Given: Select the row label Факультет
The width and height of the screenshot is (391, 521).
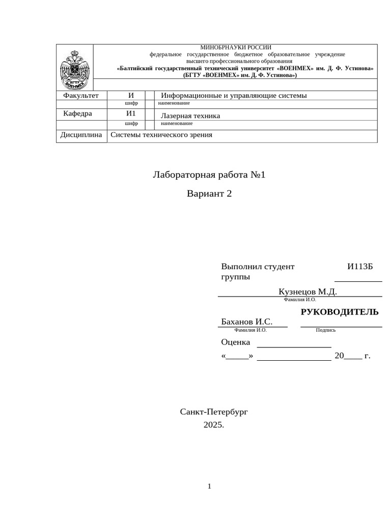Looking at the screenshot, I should pos(80,96).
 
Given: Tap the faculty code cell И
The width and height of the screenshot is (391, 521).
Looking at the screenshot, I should pos(131,96).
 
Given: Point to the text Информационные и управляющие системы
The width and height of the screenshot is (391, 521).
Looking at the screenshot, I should pos(234,96).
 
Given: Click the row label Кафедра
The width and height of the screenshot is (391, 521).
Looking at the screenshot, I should pos(77,113).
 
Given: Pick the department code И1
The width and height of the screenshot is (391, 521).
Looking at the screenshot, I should pos(131,113).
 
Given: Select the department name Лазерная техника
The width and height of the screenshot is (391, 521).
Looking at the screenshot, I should pos(190,116).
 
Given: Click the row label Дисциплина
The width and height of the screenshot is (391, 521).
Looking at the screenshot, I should pos(81,135).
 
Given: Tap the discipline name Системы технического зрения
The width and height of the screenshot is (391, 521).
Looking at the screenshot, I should pos(161,135).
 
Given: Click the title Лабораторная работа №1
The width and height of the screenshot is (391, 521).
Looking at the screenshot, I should pos(209,176).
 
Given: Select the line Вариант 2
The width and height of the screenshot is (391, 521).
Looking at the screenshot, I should pos(209,194).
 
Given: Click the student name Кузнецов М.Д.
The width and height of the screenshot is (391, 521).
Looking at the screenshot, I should pos(308,292).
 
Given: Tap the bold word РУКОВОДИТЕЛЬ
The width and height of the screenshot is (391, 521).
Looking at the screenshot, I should pos(340,312).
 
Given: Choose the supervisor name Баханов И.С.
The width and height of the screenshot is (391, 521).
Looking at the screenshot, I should pos(247,322).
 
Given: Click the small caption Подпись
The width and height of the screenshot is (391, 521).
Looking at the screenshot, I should pos(325,330).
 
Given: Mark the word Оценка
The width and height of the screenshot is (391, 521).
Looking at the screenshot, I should pos(236,342).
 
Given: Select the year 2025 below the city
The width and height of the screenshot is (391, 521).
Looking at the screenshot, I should pos(213,425).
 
